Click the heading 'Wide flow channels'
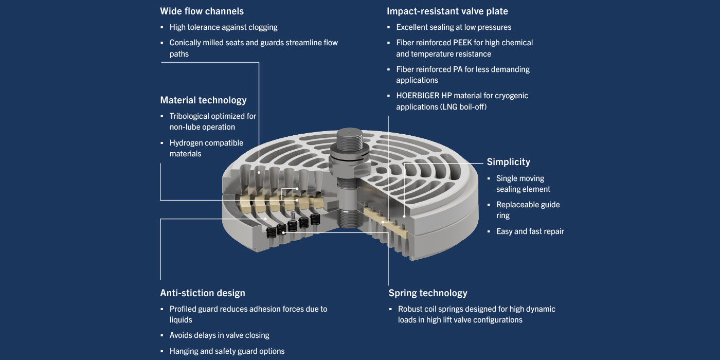(x=202, y=11)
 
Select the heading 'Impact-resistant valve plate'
(x=447, y=11)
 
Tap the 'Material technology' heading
(x=203, y=100)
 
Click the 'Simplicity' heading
(x=508, y=162)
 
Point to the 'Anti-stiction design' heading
(x=202, y=293)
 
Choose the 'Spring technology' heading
(x=427, y=293)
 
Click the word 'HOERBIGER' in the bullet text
(x=418, y=96)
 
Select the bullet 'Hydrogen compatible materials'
(x=206, y=148)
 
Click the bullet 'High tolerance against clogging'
(x=223, y=27)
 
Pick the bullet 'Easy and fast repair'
(x=530, y=231)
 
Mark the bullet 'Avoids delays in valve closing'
(x=219, y=335)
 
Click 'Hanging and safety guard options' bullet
(x=227, y=351)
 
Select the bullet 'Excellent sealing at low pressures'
(x=454, y=27)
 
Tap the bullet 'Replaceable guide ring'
(x=528, y=210)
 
